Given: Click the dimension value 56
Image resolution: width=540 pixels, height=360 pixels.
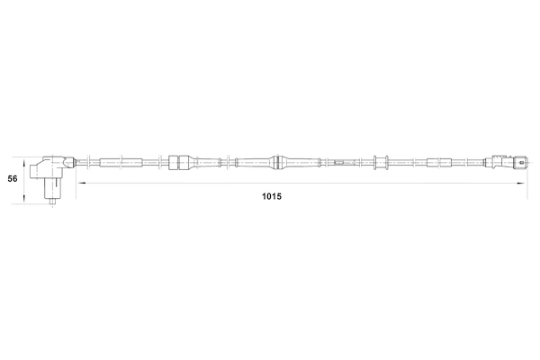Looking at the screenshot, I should pyautogui.click(x=13, y=179).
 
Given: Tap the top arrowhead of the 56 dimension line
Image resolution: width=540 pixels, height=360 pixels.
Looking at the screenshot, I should pyautogui.click(x=25, y=156).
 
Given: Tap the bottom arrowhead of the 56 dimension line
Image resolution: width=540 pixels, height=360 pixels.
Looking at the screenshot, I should pyautogui.click(x=25, y=202).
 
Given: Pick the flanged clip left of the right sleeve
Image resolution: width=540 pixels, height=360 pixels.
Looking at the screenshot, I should pyautogui.click(x=379, y=163).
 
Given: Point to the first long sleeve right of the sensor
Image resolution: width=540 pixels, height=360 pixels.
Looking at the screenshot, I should pyautogui.click(x=112, y=163).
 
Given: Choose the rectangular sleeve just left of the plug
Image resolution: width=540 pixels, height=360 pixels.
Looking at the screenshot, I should pyautogui.click(x=442, y=163).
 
